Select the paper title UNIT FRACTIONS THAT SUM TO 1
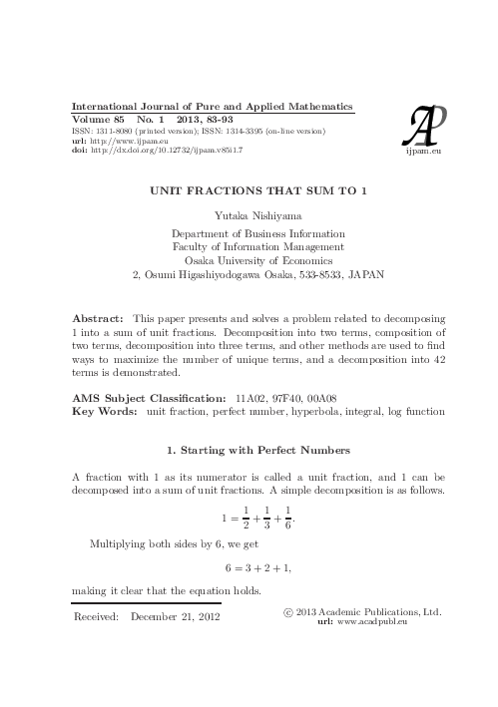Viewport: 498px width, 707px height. click(249, 191)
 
